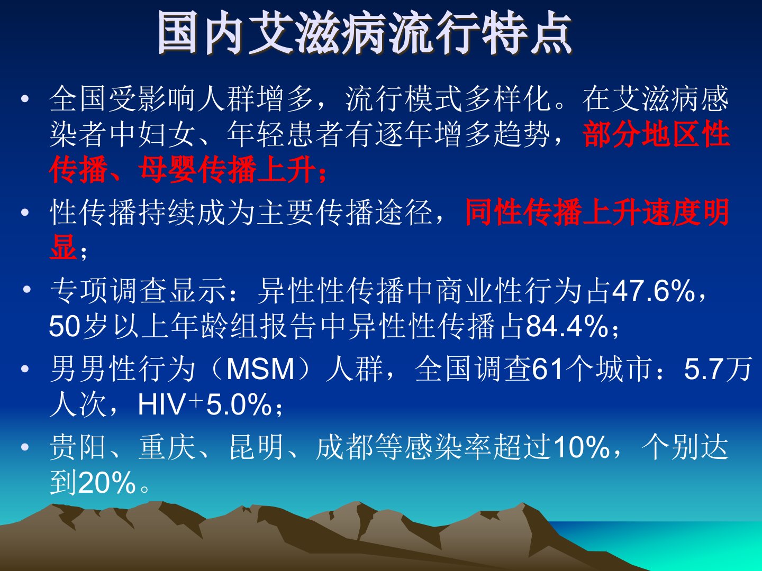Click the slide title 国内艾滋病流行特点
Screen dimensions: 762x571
pos(365,33)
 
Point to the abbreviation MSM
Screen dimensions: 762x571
pos(260,369)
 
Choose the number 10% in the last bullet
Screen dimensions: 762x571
pos(582,447)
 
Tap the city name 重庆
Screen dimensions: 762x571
pos(167,447)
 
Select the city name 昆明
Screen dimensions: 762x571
pos(256,447)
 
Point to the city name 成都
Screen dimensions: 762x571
pos(344,447)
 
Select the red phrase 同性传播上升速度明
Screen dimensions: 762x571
pos(597,212)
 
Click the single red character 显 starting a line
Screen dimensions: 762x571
pos(64,247)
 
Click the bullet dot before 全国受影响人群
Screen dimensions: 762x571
pos(25,99)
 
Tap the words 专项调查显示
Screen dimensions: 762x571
pos(138,291)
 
